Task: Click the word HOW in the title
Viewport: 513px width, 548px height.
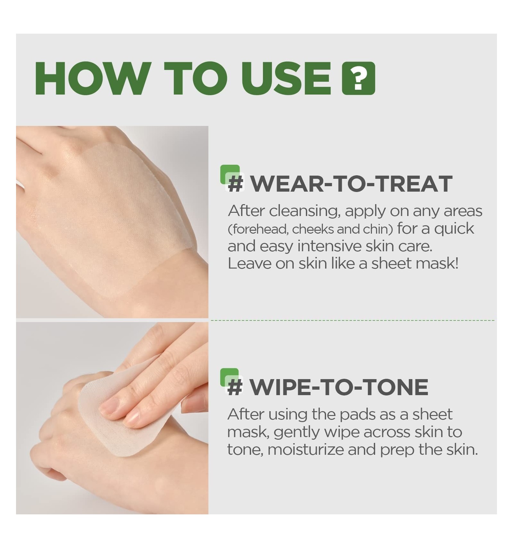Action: tap(93, 79)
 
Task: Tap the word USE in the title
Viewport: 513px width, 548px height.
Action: tap(286, 79)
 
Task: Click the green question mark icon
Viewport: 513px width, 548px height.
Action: tap(358, 79)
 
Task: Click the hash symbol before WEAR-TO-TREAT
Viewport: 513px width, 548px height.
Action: tap(236, 184)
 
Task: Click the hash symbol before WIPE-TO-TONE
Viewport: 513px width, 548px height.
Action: tap(235, 387)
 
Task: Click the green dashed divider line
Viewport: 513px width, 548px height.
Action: tap(353, 320)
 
